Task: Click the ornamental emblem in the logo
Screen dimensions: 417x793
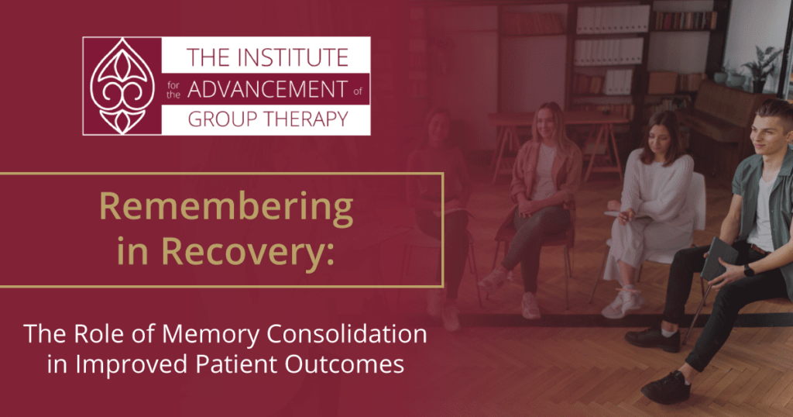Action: (x=122, y=86)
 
